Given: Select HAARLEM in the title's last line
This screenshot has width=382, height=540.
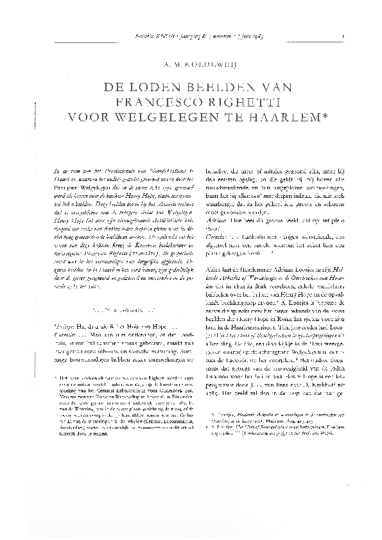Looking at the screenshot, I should click(x=275, y=118).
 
